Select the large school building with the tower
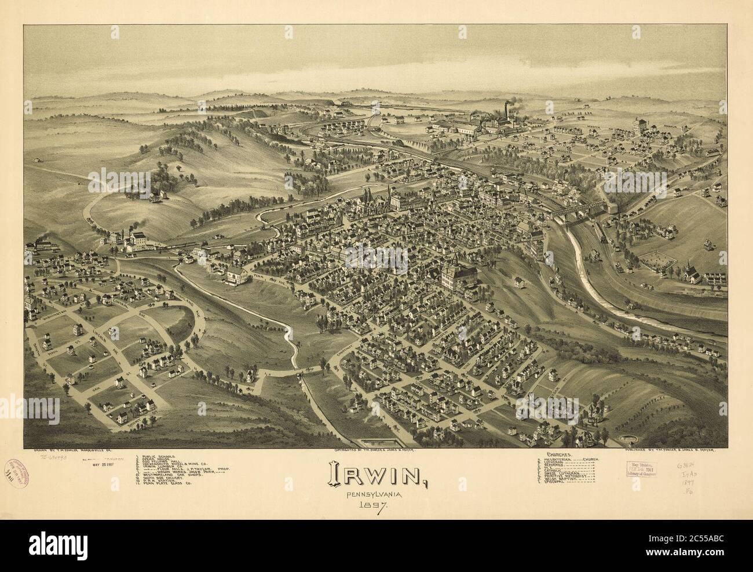click(x=458, y=271)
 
